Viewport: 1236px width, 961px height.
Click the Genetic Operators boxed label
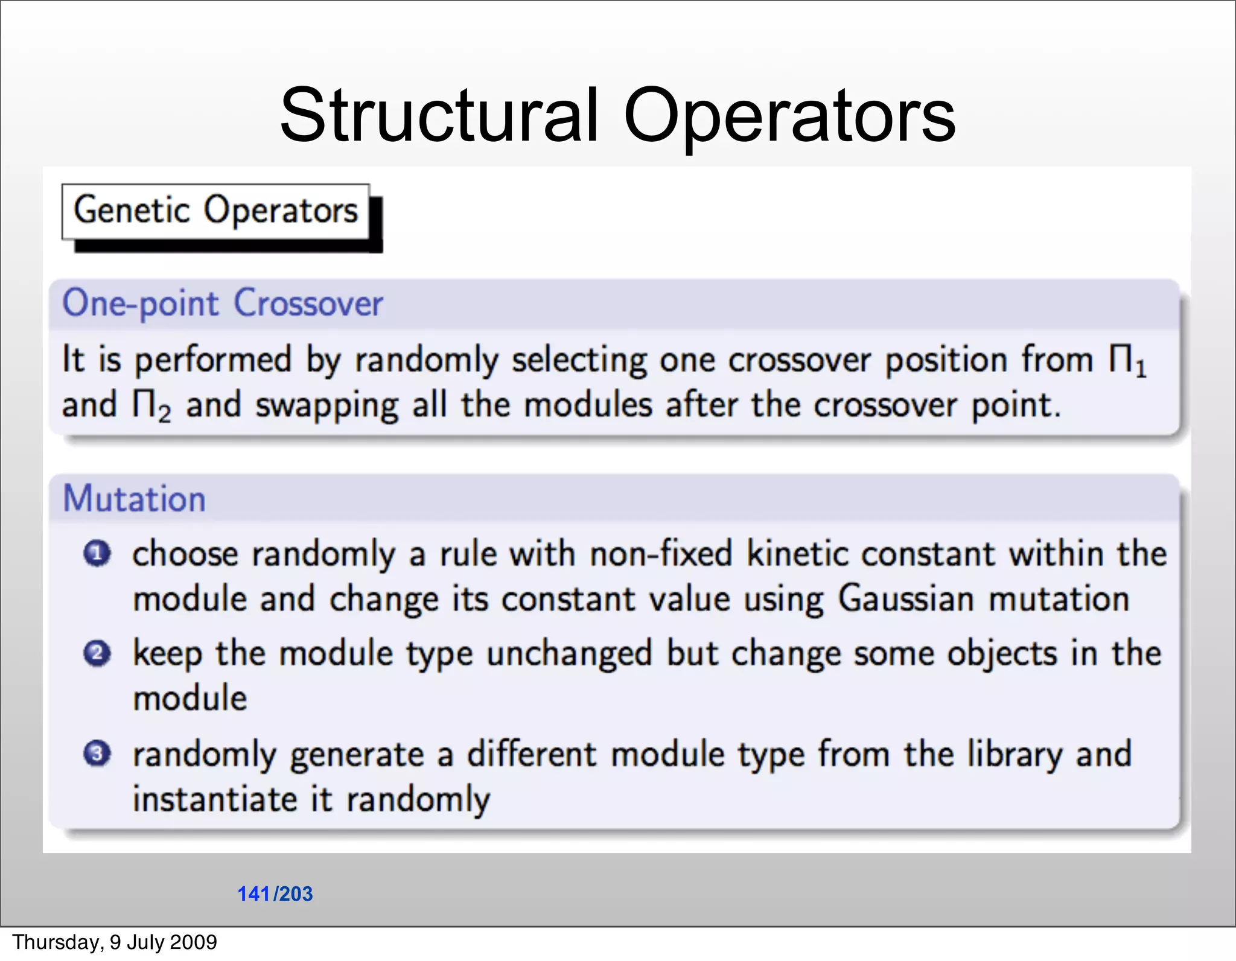[x=215, y=211]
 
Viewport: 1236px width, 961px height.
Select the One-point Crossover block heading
[x=223, y=303]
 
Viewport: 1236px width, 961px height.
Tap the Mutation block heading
[x=135, y=499]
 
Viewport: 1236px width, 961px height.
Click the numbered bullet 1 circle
[x=97, y=554]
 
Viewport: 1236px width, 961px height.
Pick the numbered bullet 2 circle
[x=97, y=653]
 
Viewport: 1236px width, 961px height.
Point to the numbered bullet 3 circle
[x=97, y=753]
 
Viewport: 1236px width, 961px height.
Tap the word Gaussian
[x=906, y=599]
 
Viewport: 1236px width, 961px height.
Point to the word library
[x=1015, y=754]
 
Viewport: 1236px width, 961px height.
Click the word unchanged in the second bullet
[x=569, y=654]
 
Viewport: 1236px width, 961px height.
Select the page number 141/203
[x=275, y=893]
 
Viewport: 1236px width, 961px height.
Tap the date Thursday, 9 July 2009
[x=115, y=942]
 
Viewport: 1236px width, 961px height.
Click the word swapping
[x=327, y=405]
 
